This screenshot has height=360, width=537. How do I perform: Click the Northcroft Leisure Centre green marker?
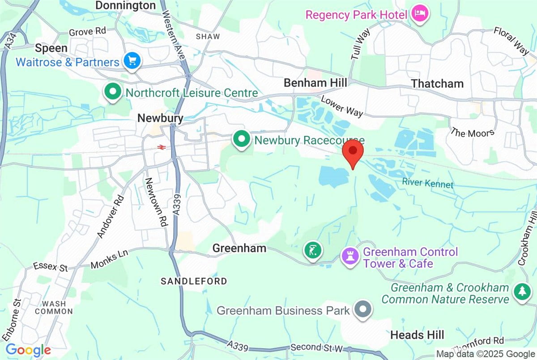[x=113, y=92]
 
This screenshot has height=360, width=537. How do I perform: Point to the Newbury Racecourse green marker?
[x=242, y=140]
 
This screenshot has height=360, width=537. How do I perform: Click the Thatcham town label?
[x=437, y=84]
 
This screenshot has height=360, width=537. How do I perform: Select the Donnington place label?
[x=126, y=5]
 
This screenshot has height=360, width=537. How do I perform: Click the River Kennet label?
[x=427, y=184]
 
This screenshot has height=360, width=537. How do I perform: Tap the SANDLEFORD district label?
[x=194, y=281]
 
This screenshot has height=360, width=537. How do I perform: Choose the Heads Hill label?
[x=417, y=335]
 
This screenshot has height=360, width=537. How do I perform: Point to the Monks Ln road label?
[x=109, y=259]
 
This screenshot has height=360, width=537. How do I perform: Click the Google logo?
[x=28, y=350]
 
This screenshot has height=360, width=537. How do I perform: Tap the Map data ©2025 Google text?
[x=486, y=354]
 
